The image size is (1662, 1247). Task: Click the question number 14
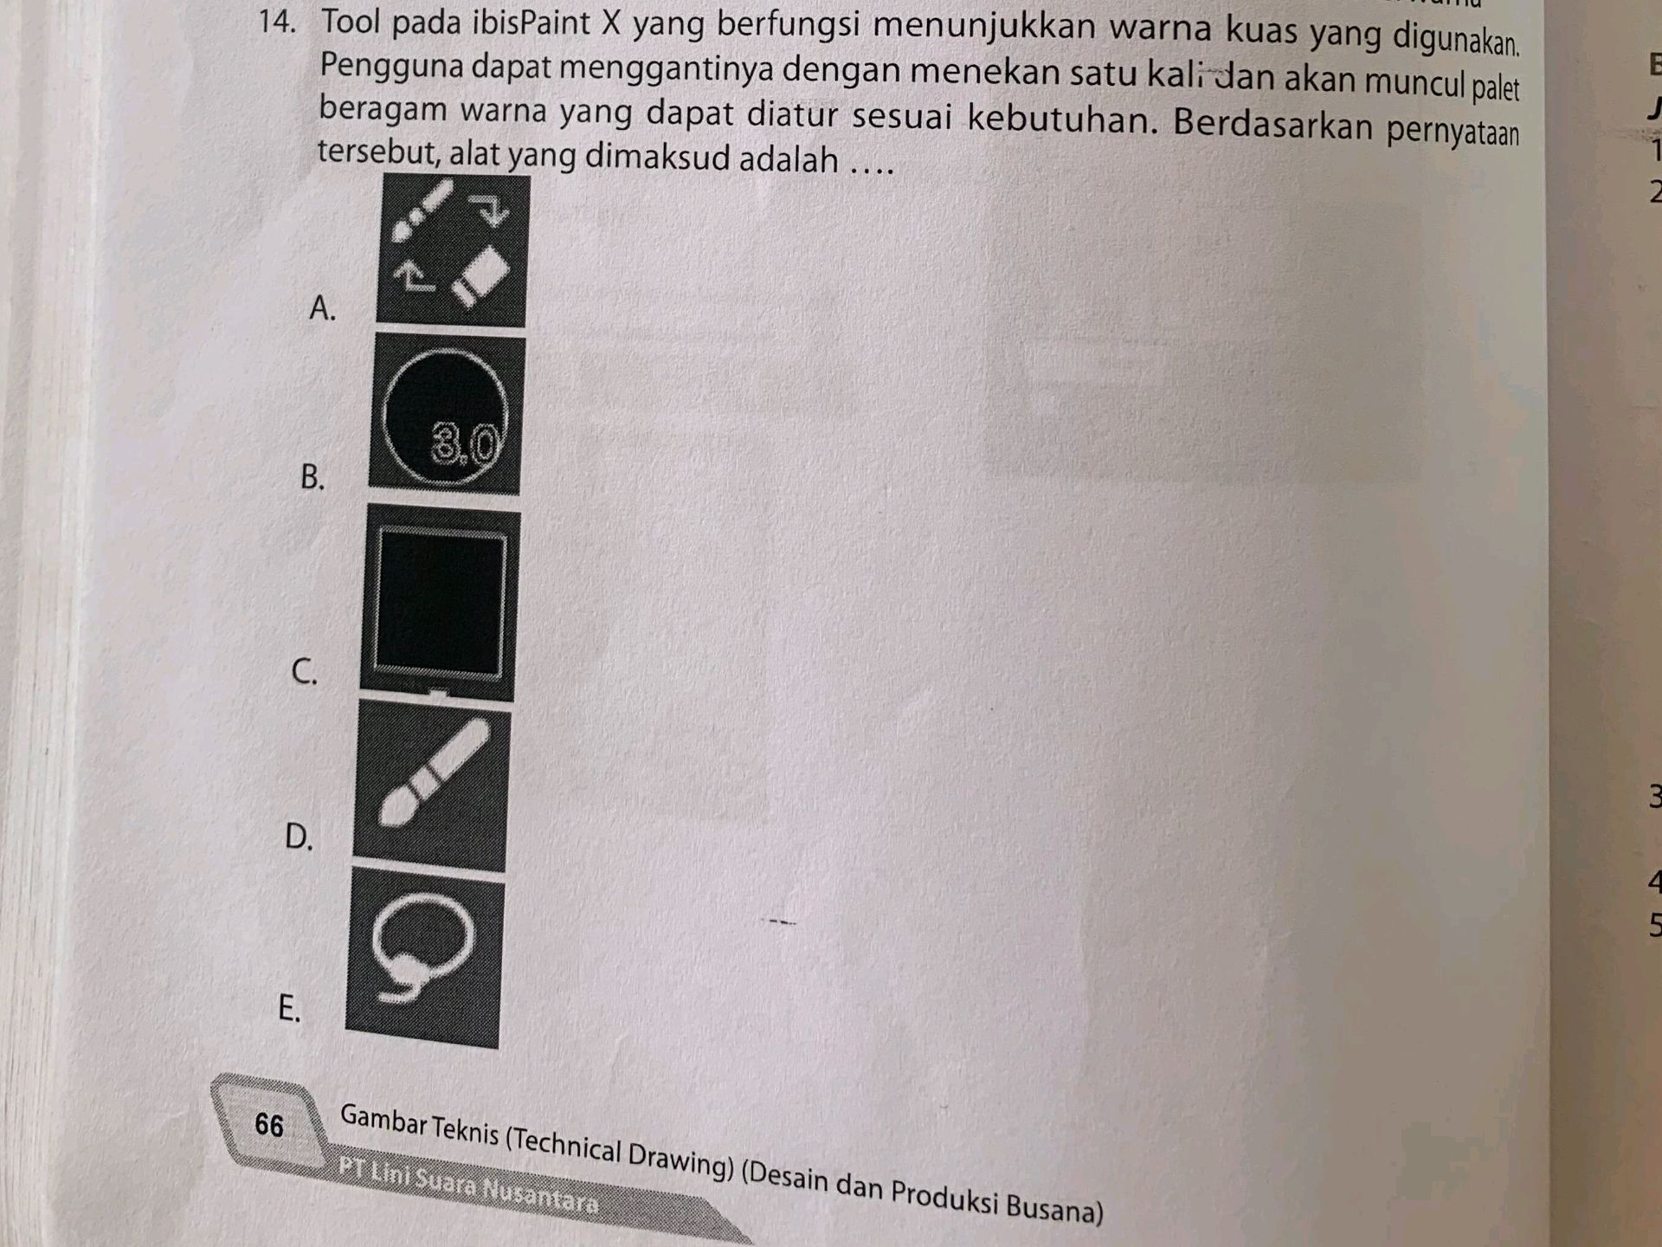click(x=277, y=23)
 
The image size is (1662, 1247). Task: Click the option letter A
click(x=322, y=308)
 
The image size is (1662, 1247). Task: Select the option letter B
click(x=312, y=477)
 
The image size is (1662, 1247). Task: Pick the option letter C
click(x=305, y=671)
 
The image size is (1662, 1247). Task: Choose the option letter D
click(x=299, y=837)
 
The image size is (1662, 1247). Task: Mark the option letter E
click(x=289, y=1008)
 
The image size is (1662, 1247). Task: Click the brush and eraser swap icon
click(x=452, y=250)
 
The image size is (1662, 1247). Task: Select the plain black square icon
click(x=440, y=603)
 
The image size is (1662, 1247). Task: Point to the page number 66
click(x=269, y=1125)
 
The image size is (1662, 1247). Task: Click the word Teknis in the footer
click(x=464, y=1129)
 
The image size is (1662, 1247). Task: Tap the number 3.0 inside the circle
click(x=465, y=445)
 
